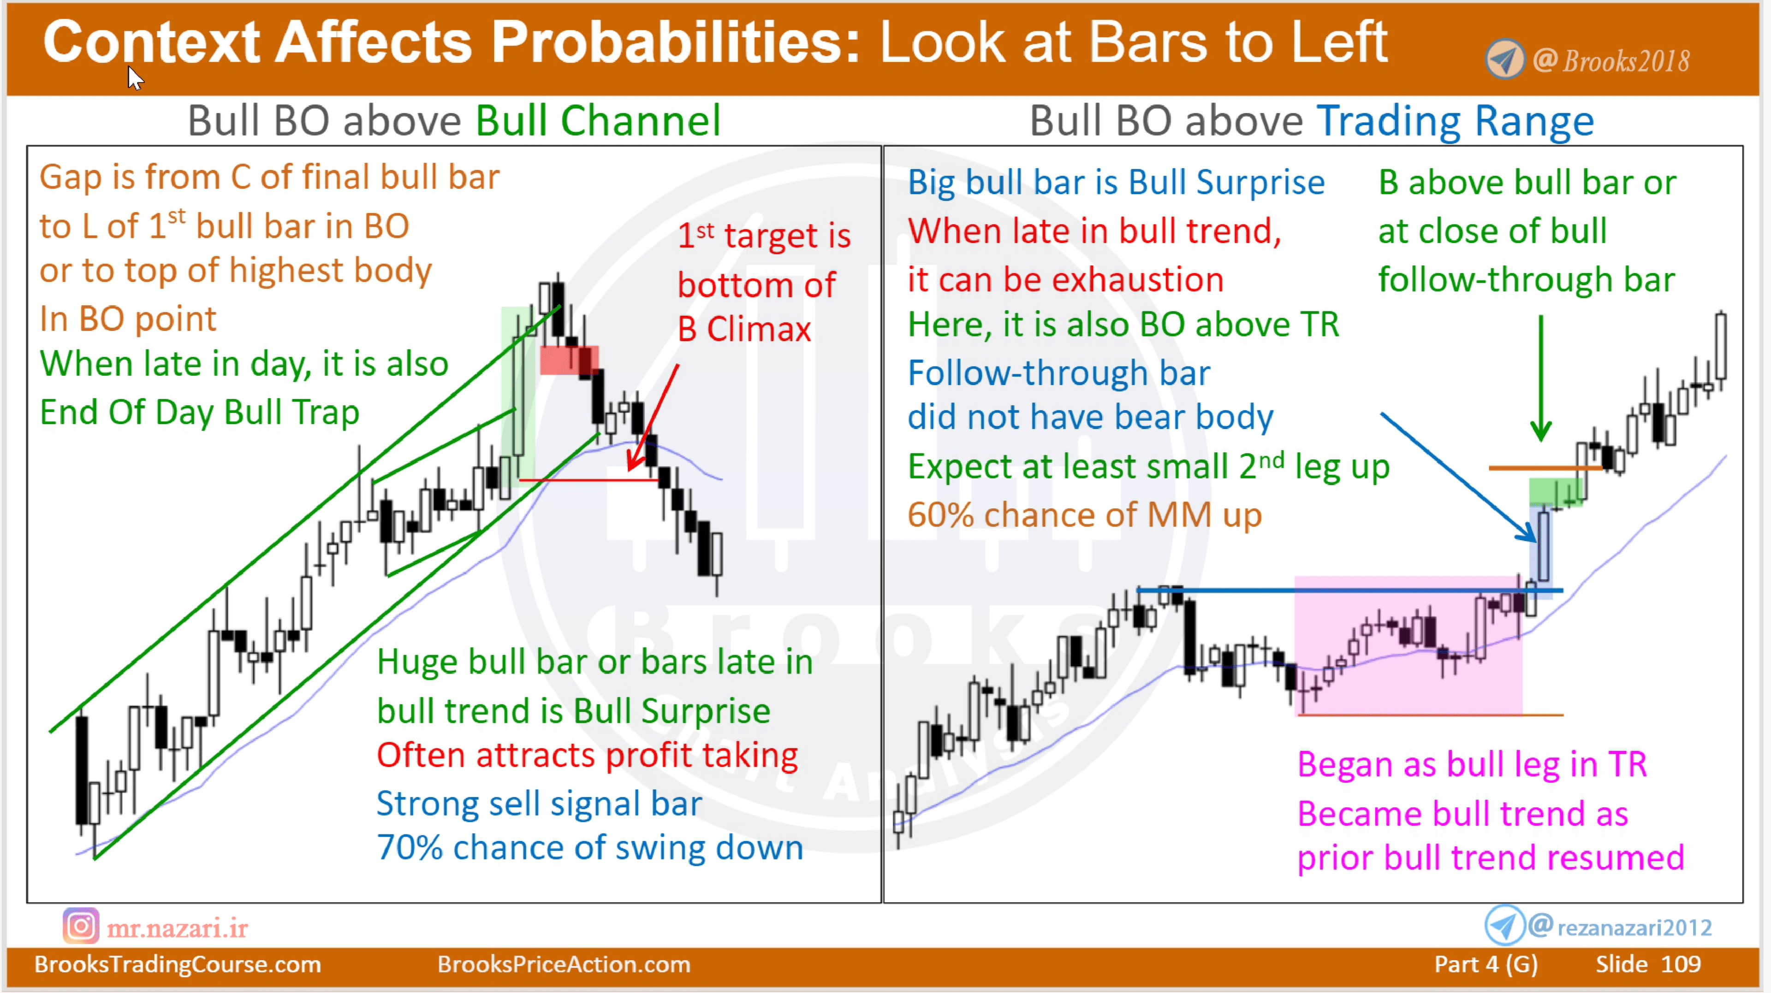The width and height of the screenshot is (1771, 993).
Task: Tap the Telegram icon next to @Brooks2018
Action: tap(1504, 60)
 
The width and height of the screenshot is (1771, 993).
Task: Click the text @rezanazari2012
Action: tap(1634, 928)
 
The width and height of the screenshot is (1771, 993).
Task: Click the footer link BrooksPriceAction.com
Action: tap(564, 964)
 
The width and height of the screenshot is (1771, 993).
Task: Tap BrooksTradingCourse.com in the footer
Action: tap(178, 964)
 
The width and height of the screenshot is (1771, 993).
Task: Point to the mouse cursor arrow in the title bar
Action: tap(135, 77)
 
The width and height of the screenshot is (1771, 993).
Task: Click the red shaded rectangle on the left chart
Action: tap(569, 360)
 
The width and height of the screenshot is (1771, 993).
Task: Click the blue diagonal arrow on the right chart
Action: tap(1457, 477)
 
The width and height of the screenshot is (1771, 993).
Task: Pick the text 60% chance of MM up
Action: tap(1084, 515)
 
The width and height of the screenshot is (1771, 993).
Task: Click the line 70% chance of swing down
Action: tap(589, 847)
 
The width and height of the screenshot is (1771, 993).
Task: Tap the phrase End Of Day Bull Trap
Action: tap(199, 412)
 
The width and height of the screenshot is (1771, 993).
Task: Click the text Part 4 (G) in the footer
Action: tap(1485, 964)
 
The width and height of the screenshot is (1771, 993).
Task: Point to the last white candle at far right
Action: tap(1721, 346)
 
